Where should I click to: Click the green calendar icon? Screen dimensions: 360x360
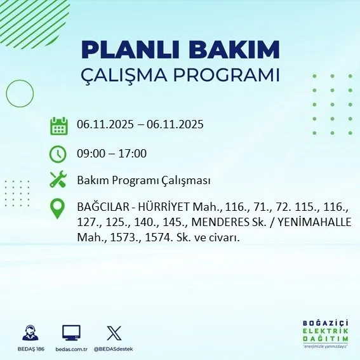click(58, 125)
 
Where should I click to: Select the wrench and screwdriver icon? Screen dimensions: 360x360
click(58, 180)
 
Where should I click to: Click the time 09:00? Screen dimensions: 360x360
click(90, 154)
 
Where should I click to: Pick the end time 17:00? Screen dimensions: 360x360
click(133, 154)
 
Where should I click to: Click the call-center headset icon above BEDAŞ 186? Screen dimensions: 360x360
click(29, 333)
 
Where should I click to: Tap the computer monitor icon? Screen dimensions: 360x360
click(70, 333)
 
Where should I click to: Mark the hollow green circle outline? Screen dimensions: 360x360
click(20, 93)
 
